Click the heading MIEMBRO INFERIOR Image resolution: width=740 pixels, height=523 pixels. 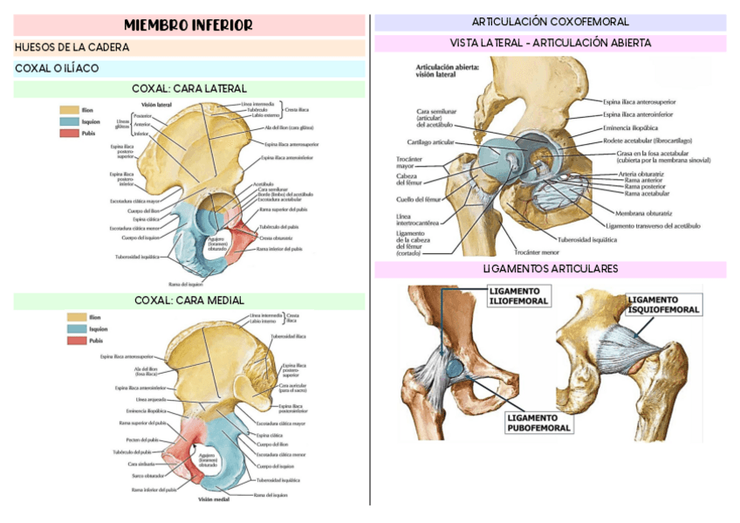188,25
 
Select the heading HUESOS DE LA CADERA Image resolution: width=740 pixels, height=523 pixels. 72,47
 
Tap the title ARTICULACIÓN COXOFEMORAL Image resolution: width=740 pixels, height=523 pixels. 550,22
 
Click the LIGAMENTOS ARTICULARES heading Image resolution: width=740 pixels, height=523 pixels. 550,268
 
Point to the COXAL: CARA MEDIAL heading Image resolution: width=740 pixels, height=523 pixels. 188,300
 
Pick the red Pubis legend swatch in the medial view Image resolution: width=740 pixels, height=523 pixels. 77,340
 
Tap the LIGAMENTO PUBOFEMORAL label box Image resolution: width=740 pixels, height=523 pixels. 538,423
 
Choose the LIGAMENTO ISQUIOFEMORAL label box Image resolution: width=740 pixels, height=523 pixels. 662,304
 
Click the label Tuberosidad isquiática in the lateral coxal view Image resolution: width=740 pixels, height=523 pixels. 137,257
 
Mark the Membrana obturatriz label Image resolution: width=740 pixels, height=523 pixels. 644,212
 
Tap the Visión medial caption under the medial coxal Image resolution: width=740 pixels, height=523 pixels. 214,499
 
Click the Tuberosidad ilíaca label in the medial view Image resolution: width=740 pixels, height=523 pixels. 288,336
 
